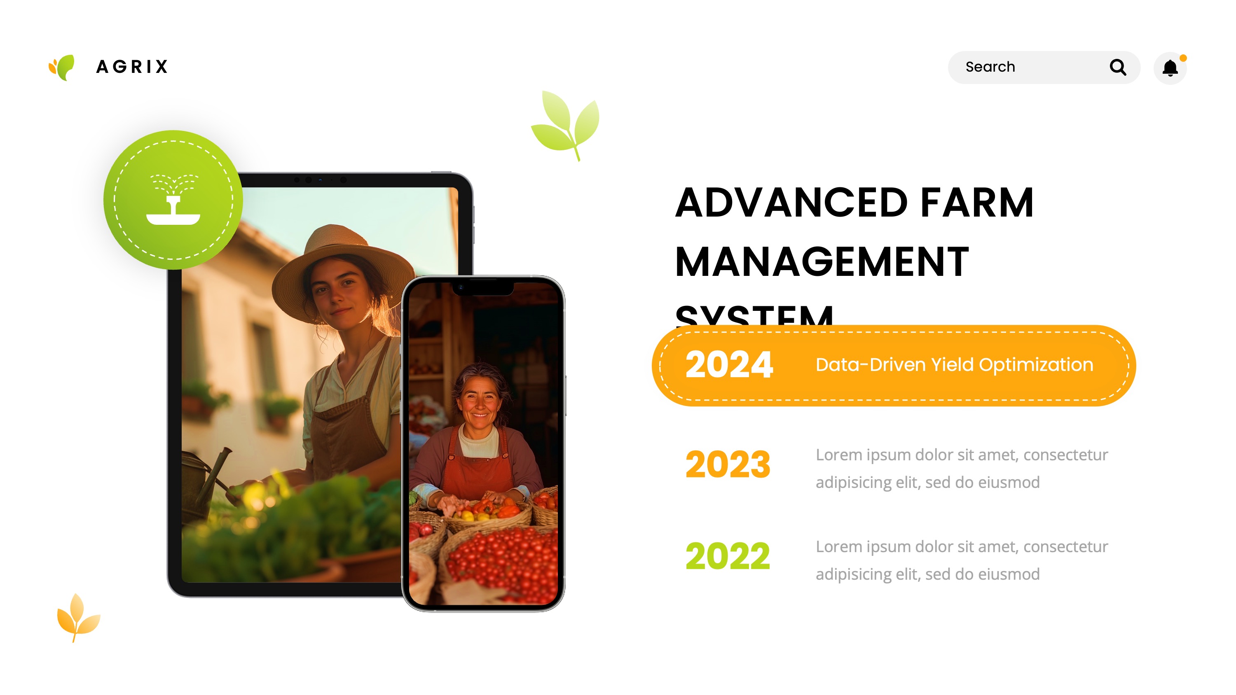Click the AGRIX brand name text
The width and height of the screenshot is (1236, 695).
coord(132,67)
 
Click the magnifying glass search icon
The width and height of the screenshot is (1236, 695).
coord(1117,67)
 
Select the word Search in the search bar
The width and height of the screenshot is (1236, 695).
coord(990,67)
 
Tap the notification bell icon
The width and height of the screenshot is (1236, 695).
coord(1170,68)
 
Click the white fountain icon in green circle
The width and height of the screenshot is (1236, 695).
coord(173,200)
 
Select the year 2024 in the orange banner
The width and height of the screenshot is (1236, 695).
coord(728,365)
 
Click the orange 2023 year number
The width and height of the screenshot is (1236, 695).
coord(728,464)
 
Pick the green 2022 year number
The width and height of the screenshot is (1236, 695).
coord(728,556)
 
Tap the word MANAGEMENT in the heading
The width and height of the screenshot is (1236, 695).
coord(822,262)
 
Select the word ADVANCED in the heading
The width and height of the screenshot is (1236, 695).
coord(791,203)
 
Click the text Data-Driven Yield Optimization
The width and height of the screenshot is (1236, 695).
coord(954,365)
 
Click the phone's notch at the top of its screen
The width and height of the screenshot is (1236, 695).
coord(483,288)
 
